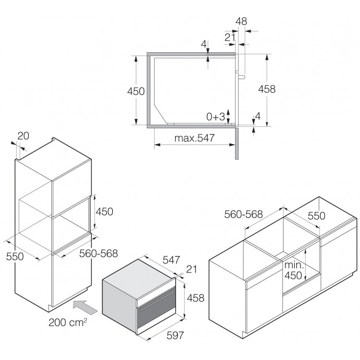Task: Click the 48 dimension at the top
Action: click(x=241, y=21)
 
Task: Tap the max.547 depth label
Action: click(x=194, y=138)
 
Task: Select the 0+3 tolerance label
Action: click(x=216, y=117)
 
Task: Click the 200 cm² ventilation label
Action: click(x=68, y=322)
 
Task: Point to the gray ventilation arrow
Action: click(x=85, y=307)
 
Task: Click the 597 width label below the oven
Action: click(x=175, y=336)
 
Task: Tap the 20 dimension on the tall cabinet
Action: click(x=23, y=136)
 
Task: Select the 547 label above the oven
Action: click(x=171, y=260)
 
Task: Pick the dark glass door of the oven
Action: click(x=156, y=309)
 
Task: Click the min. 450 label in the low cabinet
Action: click(x=294, y=270)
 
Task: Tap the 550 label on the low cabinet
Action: click(x=316, y=216)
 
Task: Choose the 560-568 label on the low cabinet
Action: click(x=243, y=214)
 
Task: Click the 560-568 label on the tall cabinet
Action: click(x=98, y=253)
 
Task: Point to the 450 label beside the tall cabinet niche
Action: click(x=105, y=212)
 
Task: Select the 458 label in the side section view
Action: click(x=267, y=89)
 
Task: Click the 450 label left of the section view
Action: click(x=136, y=91)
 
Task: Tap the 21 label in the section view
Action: click(x=230, y=37)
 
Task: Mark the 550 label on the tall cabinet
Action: click(x=15, y=256)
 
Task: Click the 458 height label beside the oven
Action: click(x=196, y=298)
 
